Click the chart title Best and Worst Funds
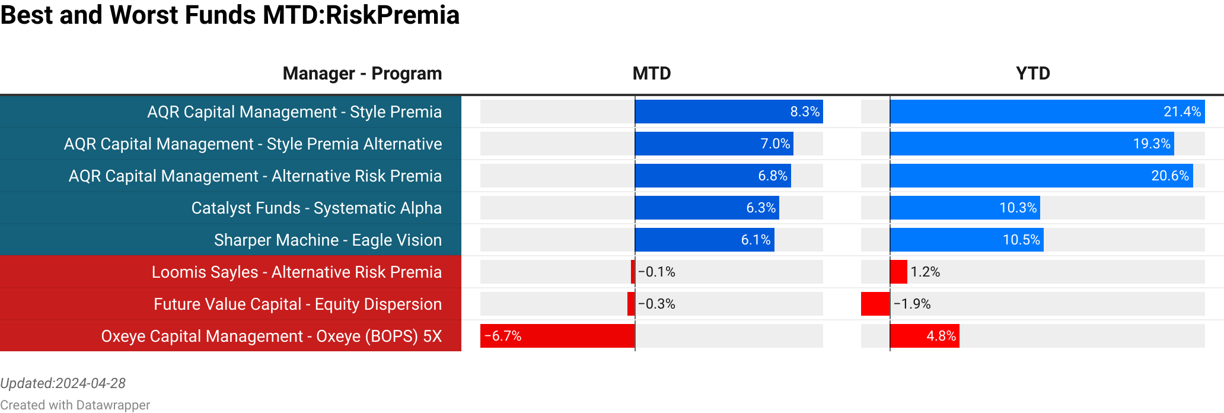tap(230, 15)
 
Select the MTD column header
tap(651, 74)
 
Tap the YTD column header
tap(1032, 74)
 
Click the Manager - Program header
tap(362, 74)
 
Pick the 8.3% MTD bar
tap(728, 112)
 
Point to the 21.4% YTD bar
tap(1047, 112)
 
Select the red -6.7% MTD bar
tap(557, 336)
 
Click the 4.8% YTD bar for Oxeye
tap(924, 336)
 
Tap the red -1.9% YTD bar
tap(875, 304)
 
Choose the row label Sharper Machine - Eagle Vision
tap(327, 240)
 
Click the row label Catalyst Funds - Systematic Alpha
tap(316, 208)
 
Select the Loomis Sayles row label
tap(297, 272)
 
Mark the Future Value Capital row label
tap(298, 304)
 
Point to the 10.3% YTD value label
tap(1018, 208)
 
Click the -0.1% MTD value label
tap(656, 272)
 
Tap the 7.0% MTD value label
tap(775, 144)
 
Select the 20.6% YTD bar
tap(1041, 176)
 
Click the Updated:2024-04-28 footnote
tap(63, 383)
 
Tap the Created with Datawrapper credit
tap(75, 405)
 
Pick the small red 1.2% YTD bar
tap(898, 272)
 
